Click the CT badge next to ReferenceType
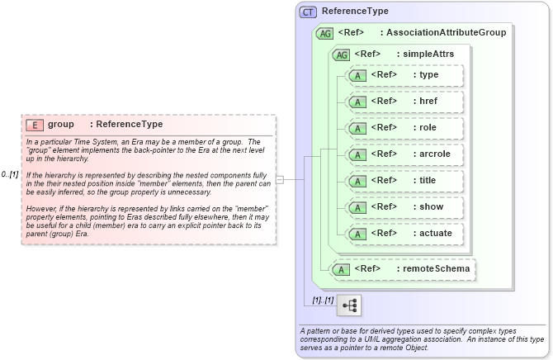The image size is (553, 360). coord(308,12)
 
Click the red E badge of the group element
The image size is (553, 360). coord(35,125)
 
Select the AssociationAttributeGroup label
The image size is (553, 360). coord(446,33)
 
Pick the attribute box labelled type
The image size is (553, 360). coord(404,75)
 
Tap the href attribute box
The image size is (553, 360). coord(404,102)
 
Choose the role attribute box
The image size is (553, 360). coord(404,128)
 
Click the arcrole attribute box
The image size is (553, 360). coord(404,154)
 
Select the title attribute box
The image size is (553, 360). coord(404,181)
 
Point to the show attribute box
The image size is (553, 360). coord(404,207)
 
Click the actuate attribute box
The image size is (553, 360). coord(404,234)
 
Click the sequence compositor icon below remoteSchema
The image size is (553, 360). coord(350,305)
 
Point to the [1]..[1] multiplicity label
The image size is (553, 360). coord(323,300)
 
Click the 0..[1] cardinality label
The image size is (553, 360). coord(10,174)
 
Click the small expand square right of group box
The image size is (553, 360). coord(280,179)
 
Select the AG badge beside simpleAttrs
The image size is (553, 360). coord(340,54)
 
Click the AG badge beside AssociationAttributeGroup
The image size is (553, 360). coord(324,33)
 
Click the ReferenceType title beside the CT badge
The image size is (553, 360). coord(355,12)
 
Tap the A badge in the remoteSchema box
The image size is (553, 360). coord(340,268)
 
